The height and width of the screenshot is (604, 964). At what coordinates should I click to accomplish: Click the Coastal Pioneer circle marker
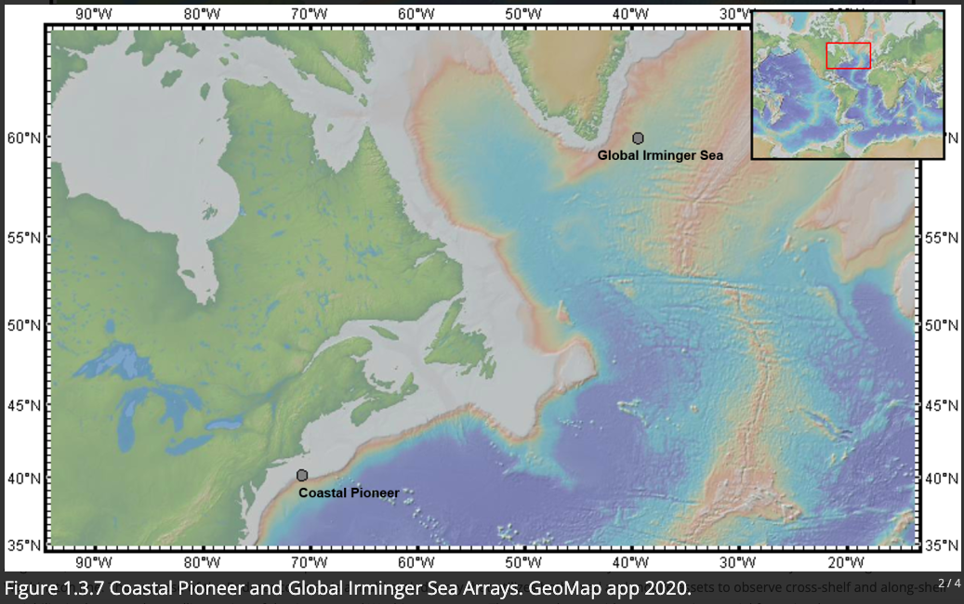(302, 476)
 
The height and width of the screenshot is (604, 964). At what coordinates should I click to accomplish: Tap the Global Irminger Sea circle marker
(638, 138)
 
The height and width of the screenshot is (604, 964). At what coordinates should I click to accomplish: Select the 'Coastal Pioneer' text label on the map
(349, 492)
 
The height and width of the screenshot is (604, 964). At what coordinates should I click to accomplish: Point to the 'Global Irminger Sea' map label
(660, 155)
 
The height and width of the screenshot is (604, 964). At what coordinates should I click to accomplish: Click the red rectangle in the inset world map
(848, 56)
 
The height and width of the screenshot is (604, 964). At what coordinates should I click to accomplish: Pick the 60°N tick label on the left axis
(22, 138)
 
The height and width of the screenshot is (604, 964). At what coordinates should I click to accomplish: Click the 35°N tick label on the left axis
(22, 545)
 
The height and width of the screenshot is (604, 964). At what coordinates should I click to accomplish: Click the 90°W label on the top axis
(94, 13)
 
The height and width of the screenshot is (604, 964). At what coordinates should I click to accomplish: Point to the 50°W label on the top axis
(523, 13)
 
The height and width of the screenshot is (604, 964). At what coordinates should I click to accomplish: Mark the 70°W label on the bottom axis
(309, 563)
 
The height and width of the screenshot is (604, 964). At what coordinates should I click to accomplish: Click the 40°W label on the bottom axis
(630, 563)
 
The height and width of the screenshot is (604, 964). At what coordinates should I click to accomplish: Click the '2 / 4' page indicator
(949, 583)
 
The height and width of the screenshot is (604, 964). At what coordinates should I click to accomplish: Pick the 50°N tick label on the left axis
(22, 325)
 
